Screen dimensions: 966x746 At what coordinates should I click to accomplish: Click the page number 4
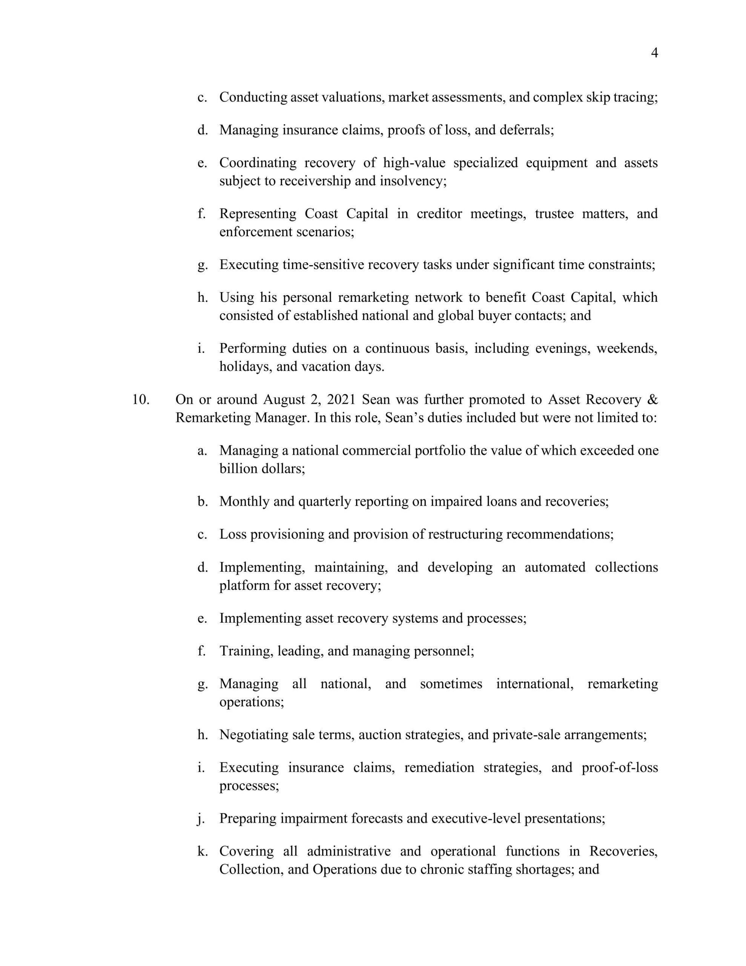654,53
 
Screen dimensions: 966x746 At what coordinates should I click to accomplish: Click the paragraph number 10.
141,399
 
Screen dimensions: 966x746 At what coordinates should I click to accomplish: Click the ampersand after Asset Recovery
652,399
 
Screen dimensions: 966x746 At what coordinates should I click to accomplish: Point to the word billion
238,468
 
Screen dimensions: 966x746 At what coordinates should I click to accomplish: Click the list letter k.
203,851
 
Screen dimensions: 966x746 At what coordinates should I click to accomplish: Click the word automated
555,567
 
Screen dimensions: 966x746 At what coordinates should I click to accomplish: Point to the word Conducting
253,97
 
